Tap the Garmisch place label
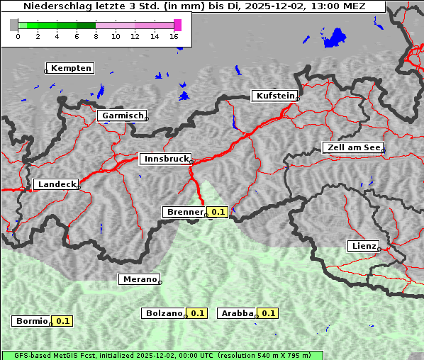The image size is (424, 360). coord(123,116)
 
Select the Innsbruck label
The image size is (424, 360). coord(166,159)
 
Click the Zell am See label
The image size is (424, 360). coord(353,147)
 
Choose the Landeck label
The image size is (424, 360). coord(57,184)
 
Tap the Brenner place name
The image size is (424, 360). coord(184,212)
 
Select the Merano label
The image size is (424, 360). coord(140,279)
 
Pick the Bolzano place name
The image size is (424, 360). coord(164,313)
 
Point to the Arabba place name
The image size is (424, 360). coord(237,313)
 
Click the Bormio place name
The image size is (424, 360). coord(32,321)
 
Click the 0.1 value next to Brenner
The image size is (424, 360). coord(216,212)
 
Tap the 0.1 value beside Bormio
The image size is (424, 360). coord(63,321)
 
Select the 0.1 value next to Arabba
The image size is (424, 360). coord(268,313)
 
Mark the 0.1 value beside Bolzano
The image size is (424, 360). coord(197,313)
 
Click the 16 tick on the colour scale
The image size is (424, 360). coord(174,36)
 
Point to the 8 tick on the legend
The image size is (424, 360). coord(96,36)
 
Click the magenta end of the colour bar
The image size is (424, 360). coord(177,25)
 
